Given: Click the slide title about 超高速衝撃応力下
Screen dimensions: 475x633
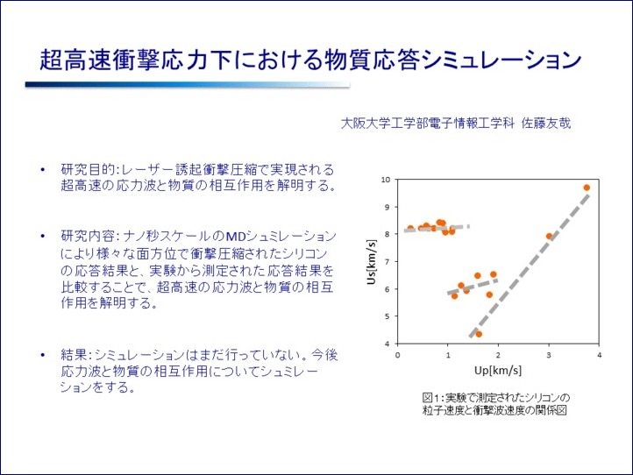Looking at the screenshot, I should (x=310, y=60).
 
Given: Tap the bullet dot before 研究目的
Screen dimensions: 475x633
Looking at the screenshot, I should (x=44, y=169).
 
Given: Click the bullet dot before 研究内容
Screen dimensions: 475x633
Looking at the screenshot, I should (x=44, y=237).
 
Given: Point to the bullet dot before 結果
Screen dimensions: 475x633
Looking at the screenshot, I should (x=44, y=355).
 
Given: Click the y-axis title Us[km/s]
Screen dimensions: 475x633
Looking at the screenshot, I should (x=371, y=261).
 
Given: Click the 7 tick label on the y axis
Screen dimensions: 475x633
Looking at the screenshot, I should (x=387, y=262).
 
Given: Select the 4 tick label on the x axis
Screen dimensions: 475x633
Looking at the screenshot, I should (x=599, y=355).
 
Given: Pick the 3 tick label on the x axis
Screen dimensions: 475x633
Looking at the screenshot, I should (x=549, y=355).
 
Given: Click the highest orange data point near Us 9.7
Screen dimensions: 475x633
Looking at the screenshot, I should (x=587, y=188).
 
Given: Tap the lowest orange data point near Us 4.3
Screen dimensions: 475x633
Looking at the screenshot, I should (x=478, y=334).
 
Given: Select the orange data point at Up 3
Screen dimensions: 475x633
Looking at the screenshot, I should (x=549, y=236).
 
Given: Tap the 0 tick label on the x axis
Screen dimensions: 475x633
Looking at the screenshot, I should (x=399, y=355).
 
